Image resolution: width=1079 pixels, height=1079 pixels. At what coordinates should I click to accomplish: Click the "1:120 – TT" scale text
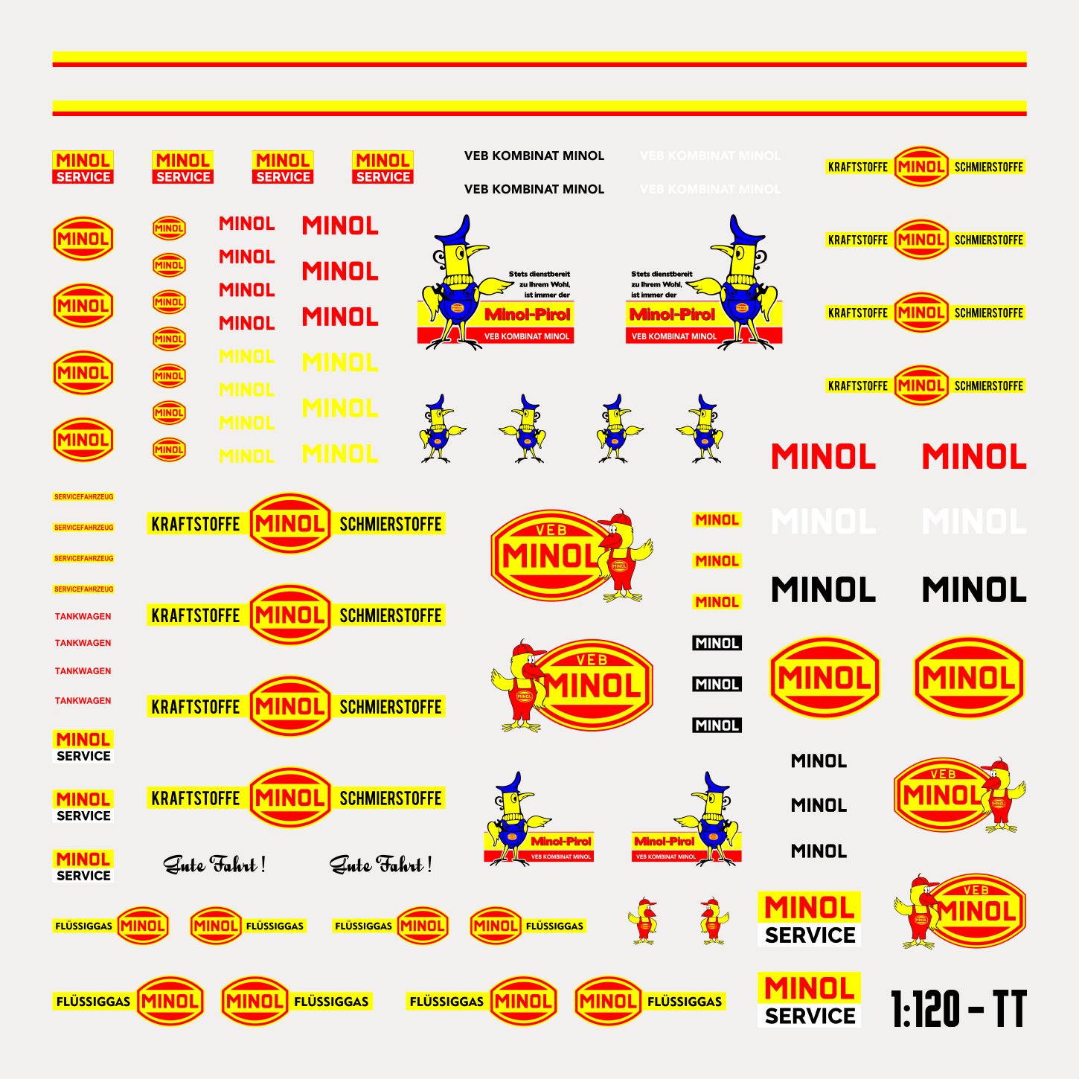[958, 1009]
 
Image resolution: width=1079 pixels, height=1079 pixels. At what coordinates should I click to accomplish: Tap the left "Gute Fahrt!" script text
[214, 865]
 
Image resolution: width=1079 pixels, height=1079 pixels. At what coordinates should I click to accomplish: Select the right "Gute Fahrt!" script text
[380, 865]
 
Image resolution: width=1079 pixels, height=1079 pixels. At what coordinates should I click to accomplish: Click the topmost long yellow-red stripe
[539, 59]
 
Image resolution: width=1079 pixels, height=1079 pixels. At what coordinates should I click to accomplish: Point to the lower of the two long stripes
[539, 108]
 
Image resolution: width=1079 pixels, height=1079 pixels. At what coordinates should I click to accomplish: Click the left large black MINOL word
[823, 590]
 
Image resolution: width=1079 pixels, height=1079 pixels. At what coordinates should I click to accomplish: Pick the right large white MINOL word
[973, 522]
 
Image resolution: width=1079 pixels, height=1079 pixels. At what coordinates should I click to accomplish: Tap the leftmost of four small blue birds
[441, 429]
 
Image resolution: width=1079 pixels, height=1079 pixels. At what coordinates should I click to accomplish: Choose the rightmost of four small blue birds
[702, 429]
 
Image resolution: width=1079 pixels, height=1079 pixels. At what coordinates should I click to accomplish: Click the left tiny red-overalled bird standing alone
[643, 921]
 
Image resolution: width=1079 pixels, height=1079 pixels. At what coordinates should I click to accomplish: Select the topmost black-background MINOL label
[717, 643]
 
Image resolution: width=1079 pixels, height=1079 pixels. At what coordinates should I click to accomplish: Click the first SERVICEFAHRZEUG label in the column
[83, 496]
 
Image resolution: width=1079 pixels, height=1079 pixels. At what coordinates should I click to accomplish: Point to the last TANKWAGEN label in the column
[83, 700]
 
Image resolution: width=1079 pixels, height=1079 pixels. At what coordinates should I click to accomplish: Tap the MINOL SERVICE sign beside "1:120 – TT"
[809, 999]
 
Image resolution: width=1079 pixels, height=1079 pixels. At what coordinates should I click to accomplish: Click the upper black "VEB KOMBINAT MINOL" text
[534, 156]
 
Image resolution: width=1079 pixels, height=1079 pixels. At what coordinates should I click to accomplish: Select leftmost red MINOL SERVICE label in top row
[83, 167]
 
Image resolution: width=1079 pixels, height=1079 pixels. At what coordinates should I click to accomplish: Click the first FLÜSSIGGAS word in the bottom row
[93, 1002]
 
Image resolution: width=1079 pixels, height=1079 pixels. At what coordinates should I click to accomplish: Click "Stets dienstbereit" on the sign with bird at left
[539, 274]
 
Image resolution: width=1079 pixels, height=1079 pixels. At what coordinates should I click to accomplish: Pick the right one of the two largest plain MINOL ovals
[968, 677]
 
